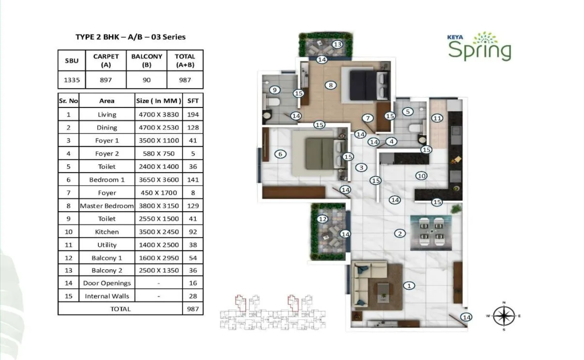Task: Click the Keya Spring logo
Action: (x=479, y=47)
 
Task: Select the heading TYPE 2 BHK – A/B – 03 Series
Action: (x=130, y=37)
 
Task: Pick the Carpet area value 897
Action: (x=106, y=80)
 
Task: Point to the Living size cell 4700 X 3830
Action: (x=158, y=114)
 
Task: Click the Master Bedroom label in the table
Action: (x=107, y=205)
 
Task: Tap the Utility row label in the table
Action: (x=107, y=245)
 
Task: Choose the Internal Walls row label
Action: (x=107, y=296)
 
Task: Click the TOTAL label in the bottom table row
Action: (x=120, y=309)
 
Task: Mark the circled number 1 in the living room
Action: (x=409, y=285)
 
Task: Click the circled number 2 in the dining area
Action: (x=400, y=234)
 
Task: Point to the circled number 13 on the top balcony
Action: (x=338, y=45)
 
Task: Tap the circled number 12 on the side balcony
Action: (x=323, y=219)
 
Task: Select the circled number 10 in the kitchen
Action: (x=421, y=176)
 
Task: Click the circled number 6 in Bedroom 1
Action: (x=279, y=154)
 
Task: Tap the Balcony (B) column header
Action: (x=146, y=60)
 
